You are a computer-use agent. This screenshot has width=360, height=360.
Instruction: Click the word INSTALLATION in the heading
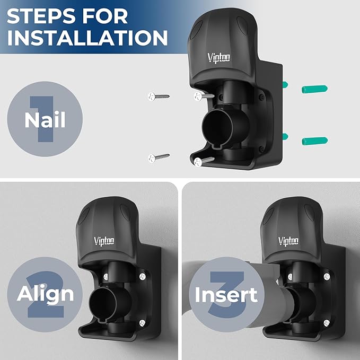point(87,38)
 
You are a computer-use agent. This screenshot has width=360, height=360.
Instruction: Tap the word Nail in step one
point(45,120)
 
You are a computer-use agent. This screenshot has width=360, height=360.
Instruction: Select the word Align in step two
point(46,293)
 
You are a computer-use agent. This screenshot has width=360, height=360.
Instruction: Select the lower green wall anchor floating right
point(314,141)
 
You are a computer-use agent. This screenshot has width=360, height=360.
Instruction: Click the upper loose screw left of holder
point(159,96)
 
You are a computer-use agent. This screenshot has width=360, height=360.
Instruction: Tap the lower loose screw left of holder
point(159,157)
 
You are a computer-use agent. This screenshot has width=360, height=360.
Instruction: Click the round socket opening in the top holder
point(218,127)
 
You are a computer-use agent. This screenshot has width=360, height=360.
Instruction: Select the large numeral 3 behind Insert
point(225,297)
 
